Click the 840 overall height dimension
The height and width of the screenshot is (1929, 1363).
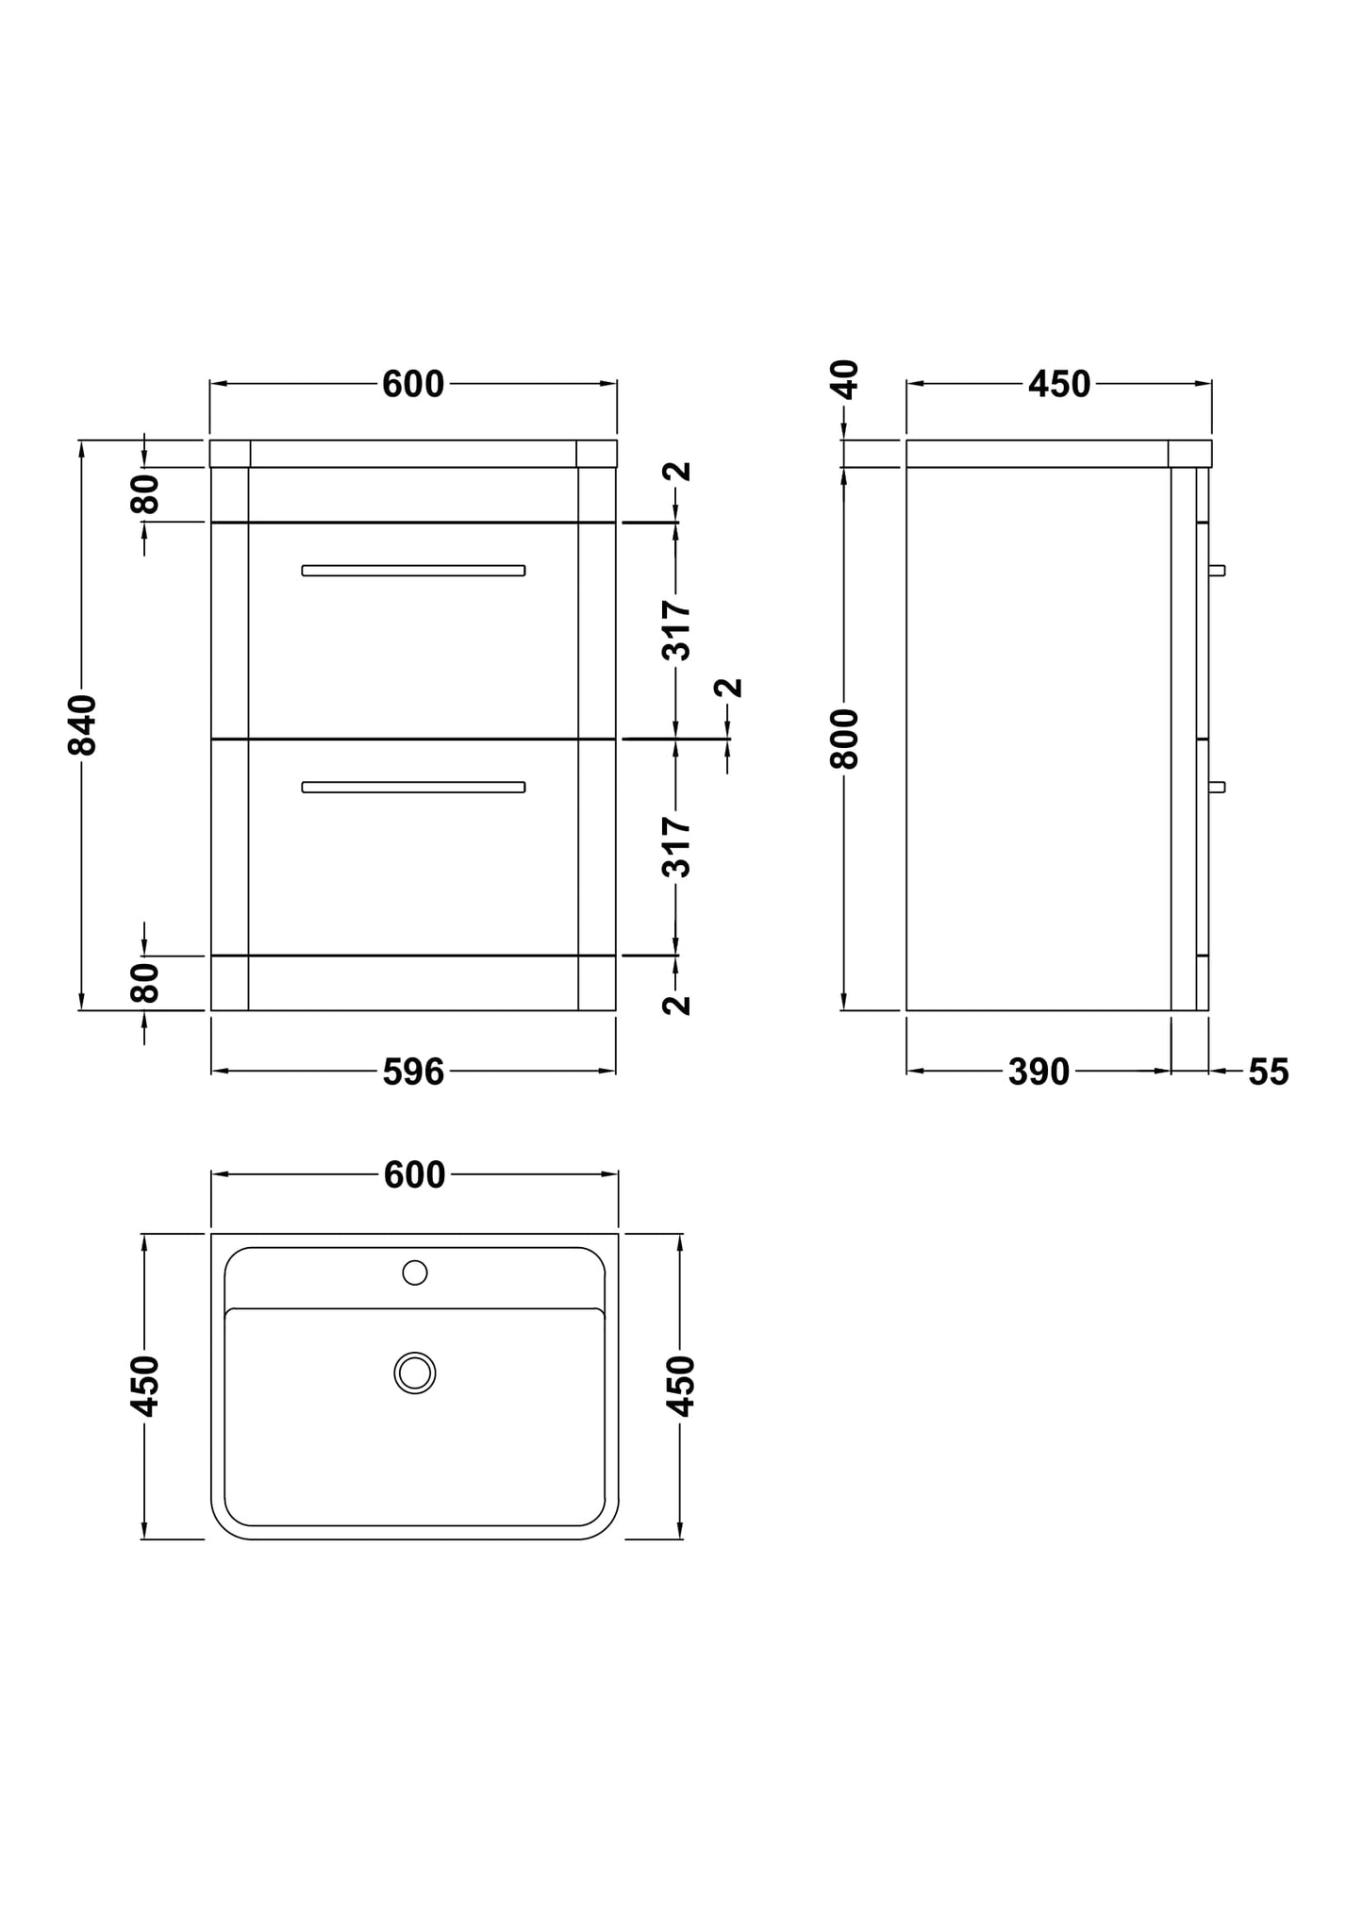click(82, 724)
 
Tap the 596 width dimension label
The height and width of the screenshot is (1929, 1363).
click(413, 1072)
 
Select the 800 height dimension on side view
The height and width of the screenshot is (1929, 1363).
click(845, 739)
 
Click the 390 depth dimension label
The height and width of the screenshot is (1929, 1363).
click(1039, 1072)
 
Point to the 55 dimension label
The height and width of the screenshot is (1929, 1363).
click(1268, 1072)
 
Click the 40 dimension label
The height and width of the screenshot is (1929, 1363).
click(845, 379)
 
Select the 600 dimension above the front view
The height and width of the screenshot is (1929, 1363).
click(413, 384)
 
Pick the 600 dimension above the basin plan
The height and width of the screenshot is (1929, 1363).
click(415, 1174)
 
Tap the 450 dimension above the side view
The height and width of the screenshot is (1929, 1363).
click(1059, 384)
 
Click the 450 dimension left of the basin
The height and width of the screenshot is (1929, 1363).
click(144, 1386)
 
